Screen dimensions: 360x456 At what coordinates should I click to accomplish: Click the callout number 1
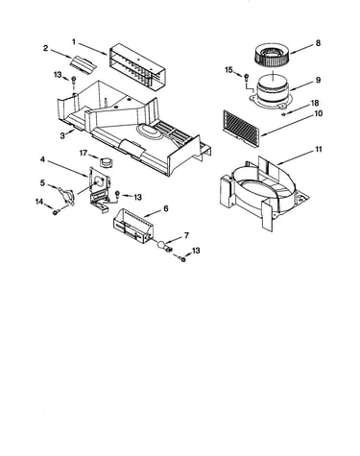tap(74, 42)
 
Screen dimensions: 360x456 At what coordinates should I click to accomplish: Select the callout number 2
tap(45, 48)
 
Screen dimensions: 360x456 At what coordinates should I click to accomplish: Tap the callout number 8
tap(318, 43)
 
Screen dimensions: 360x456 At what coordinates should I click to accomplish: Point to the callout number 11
tap(319, 150)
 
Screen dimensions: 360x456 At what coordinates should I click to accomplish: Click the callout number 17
tap(84, 154)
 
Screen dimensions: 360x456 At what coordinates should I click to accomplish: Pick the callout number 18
tap(315, 103)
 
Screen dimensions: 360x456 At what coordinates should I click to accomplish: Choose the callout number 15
tap(228, 70)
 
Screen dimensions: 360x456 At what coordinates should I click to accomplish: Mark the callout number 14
tap(39, 202)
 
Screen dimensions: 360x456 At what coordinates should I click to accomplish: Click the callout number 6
tap(165, 208)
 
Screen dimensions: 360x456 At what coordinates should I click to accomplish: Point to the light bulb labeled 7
tap(163, 247)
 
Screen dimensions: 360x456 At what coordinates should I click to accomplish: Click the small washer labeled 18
tap(283, 114)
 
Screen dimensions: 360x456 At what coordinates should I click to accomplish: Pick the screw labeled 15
tap(247, 77)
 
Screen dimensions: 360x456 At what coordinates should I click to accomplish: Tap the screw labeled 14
tap(57, 211)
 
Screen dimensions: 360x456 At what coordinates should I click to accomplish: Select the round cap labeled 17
tap(106, 161)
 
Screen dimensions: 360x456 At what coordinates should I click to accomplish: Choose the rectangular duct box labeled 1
tap(137, 66)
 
